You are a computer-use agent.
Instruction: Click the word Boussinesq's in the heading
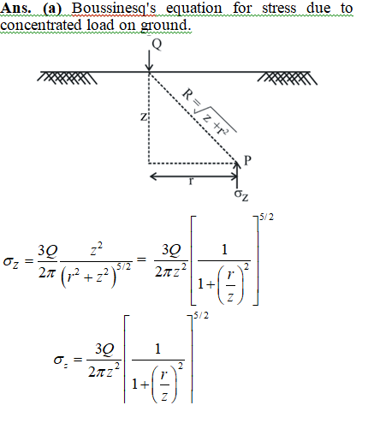pos(114,9)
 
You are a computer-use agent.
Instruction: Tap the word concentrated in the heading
pos(40,25)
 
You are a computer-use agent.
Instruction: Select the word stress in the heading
pos(279,8)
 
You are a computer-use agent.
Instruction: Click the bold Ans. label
pos(15,8)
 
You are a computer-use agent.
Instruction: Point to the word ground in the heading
pos(166,26)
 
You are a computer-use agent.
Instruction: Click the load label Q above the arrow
pos(157,45)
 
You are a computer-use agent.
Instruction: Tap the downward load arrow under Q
pos(149,61)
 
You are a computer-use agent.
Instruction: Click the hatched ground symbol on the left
pos(68,78)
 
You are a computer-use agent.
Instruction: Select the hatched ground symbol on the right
pos(288,78)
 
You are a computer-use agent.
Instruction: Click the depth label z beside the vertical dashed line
pos(144,116)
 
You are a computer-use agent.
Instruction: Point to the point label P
pos(247,161)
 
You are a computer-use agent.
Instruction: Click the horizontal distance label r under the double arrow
pos(191,181)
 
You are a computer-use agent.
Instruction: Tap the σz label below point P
pos(241,195)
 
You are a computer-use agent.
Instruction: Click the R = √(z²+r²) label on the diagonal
pos(209,112)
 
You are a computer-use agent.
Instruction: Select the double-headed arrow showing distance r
pos(193,176)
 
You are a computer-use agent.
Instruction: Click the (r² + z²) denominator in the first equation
pos(89,277)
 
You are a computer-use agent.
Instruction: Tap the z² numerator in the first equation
pos(96,249)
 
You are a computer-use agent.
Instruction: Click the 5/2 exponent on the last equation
pos(201,315)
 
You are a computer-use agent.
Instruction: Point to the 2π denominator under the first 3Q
pos(46,273)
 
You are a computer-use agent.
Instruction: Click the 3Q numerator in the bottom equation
pos(104,349)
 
